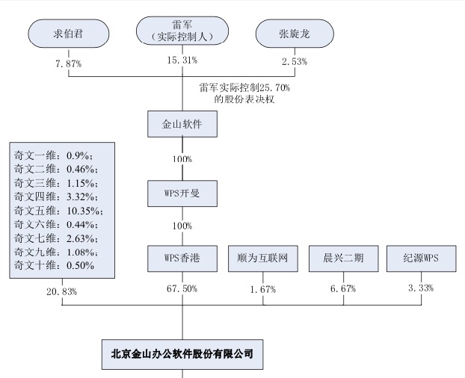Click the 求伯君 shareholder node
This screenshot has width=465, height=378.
coord(68,33)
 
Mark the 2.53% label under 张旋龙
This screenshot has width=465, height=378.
coord(293,61)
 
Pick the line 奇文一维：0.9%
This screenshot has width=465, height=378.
coord(52,155)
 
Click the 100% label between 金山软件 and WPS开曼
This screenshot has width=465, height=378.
coord(182,159)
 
